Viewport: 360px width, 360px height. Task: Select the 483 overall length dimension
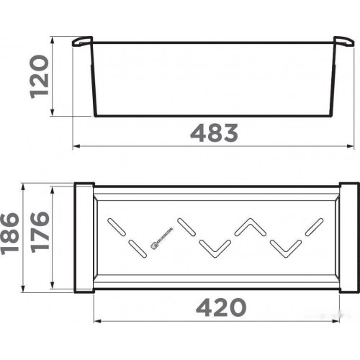tap(214, 133)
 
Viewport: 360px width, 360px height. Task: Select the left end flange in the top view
tap(83, 238)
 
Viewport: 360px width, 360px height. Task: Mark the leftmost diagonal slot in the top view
tap(114, 226)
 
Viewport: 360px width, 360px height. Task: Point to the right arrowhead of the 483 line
tap(352, 146)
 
